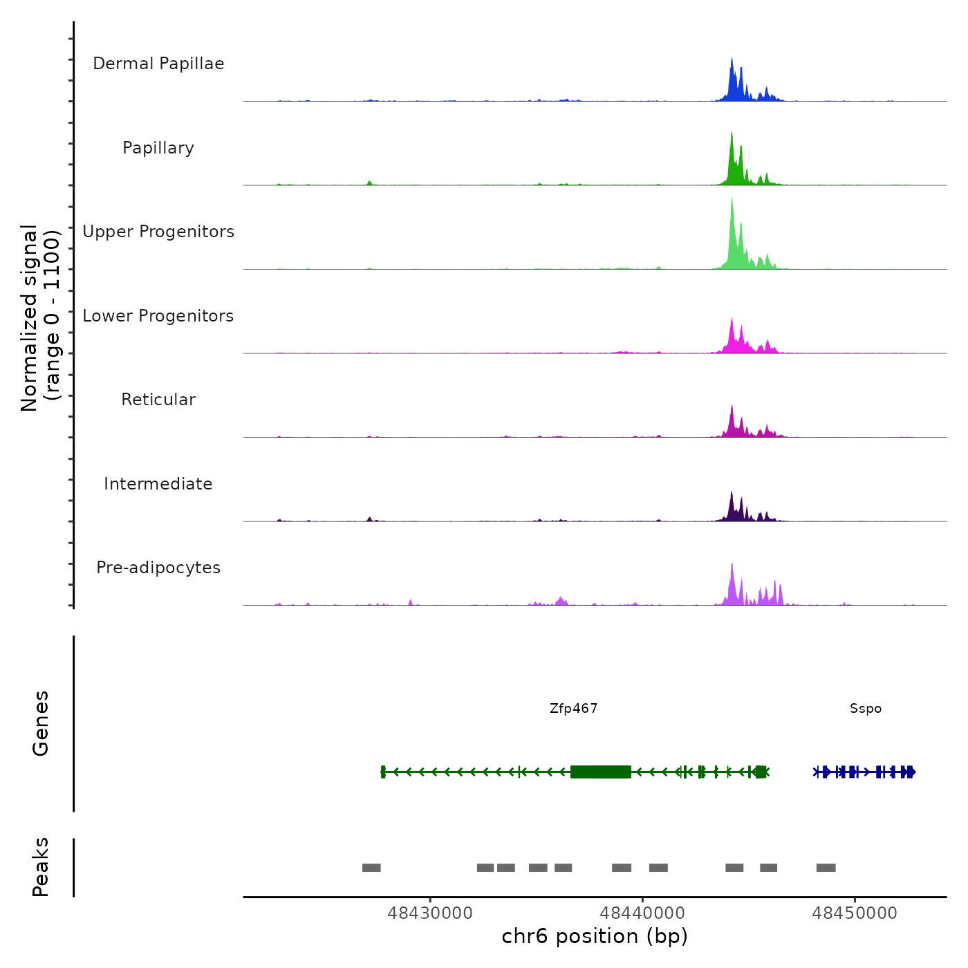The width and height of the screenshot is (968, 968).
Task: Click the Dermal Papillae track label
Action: tap(158, 64)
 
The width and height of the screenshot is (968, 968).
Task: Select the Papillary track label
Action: tap(158, 148)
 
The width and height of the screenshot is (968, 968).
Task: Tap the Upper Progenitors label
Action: tap(158, 232)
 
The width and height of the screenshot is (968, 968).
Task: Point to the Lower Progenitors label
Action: tap(158, 316)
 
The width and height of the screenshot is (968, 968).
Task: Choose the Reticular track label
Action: tap(158, 400)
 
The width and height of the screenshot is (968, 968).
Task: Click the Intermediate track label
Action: tap(158, 484)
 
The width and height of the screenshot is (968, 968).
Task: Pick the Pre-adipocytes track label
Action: tap(158, 568)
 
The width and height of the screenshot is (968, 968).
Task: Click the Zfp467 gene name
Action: tap(573, 709)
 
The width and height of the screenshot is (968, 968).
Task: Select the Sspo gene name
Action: tap(866, 709)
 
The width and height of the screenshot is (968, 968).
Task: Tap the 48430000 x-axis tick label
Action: tap(430, 913)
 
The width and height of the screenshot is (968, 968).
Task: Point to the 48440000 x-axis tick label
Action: tap(642, 913)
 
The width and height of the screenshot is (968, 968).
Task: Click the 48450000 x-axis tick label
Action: tap(855, 913)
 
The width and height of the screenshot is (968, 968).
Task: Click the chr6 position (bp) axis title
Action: tap(595, 937)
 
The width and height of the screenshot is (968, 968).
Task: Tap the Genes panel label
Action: tap(41, 723)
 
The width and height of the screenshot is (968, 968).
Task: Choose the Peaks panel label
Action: tap(41, 867)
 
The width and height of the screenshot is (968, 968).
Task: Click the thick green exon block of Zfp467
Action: tap(600, 772)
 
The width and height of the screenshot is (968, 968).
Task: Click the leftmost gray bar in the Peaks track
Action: tap(371, 868)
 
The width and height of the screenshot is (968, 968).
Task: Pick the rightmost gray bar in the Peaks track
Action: tap(826, 868)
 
